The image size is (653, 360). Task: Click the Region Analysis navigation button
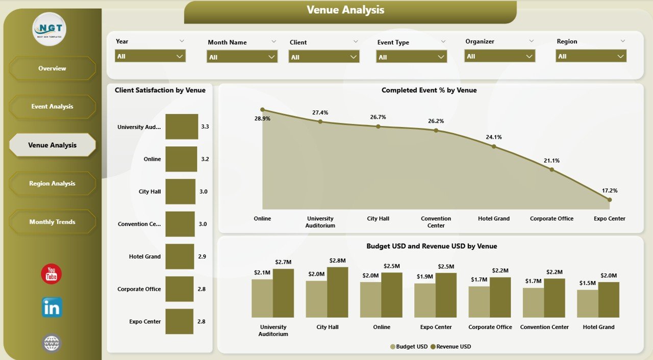[52, 184]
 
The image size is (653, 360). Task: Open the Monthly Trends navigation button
[52, 222]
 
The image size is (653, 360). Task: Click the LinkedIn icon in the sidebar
[52, 307]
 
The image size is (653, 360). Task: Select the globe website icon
[52, 343]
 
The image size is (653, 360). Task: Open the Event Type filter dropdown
[411, 57]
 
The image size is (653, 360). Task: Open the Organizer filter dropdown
[499, 56]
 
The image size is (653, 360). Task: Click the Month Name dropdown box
[242, 57]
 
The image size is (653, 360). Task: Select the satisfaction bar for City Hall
[180, 192]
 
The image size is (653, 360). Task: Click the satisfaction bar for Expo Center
[179, 322]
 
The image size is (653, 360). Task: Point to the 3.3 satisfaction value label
[205, 126]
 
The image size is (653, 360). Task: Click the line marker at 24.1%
[494, 146]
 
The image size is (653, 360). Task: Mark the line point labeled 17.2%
[609, 200]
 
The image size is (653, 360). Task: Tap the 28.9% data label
[262, 118]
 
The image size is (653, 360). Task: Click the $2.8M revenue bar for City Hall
[337, 292]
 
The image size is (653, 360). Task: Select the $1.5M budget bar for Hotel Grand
[587, 303]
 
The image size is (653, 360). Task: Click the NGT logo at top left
[49, 29]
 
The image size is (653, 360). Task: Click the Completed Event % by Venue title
[429, 90]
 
